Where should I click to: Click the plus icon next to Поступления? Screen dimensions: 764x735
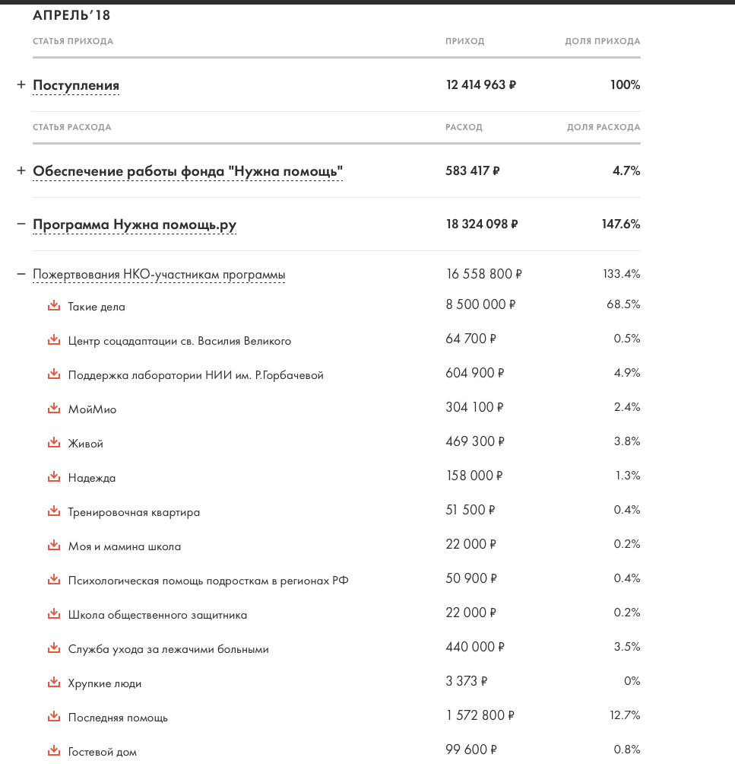click(21, 85)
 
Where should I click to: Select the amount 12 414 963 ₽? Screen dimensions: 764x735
click(480, 85)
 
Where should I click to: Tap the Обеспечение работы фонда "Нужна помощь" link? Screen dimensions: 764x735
click(188, 171)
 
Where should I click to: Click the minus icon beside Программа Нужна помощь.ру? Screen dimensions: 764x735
click(21, 224)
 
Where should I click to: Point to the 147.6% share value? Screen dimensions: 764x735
click(620, 224)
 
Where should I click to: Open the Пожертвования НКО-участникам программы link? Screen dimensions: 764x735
click(159, 275)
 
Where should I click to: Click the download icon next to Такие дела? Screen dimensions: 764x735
click(53, 306)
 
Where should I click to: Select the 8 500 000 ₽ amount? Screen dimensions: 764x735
click(480, 305)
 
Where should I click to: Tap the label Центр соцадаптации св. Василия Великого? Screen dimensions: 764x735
click(179, 341)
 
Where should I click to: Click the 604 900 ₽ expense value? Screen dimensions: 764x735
click(475, 374)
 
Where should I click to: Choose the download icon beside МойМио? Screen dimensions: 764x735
click(53, 409)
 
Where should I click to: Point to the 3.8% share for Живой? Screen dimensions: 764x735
click(627, 441)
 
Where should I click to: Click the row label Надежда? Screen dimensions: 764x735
click(92, 478)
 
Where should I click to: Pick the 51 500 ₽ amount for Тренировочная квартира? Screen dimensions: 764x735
click(470, 511)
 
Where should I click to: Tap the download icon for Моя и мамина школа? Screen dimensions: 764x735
click(53, 546)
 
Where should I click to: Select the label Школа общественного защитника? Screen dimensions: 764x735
click(157, 615)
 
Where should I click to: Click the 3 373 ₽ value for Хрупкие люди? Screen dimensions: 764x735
click(467, 682)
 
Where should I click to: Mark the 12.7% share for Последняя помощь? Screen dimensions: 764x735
click(624, 715)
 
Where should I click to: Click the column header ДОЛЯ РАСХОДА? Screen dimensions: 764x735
click(604, 127)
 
